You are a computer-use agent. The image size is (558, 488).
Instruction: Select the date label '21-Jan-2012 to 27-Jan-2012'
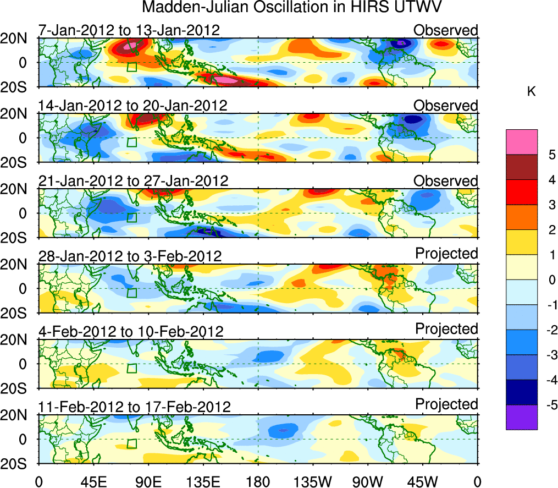pos(133,180)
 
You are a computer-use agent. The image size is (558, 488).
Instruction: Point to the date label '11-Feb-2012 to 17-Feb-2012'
pos(134,407)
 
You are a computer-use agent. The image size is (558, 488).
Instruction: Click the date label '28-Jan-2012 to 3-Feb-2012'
pos(130,256)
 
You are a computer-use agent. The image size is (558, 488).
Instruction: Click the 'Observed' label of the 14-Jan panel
pos(446,105)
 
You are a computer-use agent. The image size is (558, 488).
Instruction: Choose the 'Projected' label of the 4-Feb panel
pos(446,328)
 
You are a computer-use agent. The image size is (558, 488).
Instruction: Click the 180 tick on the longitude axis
pos(258,480)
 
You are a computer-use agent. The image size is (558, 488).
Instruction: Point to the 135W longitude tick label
pos(313,480)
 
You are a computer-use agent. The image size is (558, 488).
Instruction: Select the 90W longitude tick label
pos(368,480)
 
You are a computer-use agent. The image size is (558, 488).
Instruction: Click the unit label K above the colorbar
pos(531,92)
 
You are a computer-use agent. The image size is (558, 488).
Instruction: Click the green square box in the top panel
pos(131,67)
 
